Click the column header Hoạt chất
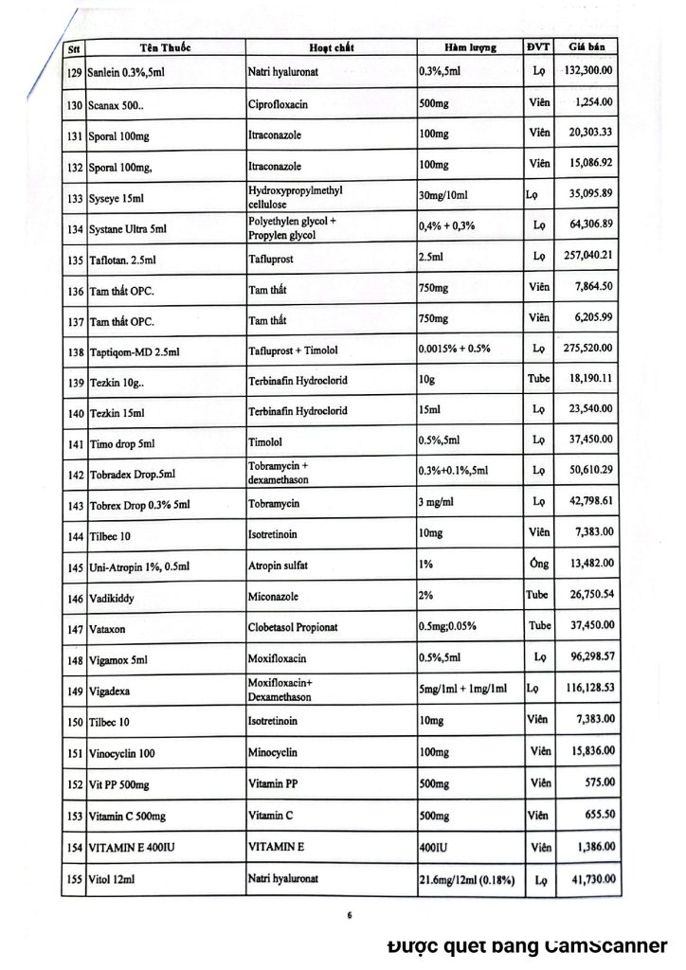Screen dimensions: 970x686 tap(332, 48)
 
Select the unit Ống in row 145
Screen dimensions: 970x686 tap(539, 565)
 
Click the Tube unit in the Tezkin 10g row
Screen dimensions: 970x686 tap(538, 380)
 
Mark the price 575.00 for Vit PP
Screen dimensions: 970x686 tap(601, 781)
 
